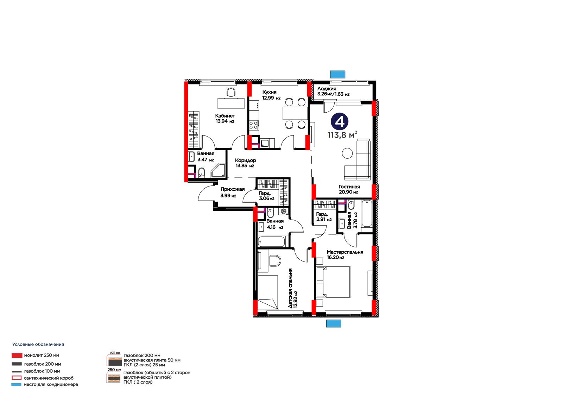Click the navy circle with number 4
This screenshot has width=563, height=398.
340,121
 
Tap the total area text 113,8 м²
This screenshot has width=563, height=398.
342,135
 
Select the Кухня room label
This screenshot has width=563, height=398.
269,92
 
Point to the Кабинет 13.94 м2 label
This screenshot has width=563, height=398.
225,119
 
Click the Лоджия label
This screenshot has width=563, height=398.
327,88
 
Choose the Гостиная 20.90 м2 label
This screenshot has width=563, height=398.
349,189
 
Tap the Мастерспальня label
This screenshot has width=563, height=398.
345,252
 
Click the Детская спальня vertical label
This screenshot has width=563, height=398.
290,288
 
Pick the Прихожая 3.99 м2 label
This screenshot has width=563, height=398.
233,192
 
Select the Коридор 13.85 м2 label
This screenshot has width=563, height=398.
245,163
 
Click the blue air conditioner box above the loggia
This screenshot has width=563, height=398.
337,74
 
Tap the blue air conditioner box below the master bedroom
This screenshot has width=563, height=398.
334,323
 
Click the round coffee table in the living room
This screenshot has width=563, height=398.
347,153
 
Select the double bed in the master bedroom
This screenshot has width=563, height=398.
333,282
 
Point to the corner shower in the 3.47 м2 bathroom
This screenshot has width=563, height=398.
218,170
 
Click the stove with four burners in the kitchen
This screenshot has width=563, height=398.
253,125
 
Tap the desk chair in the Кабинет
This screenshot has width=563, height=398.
231,92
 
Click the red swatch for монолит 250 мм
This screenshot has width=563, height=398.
17,355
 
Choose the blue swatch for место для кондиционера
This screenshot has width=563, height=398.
16,384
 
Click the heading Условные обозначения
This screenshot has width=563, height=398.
38,345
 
